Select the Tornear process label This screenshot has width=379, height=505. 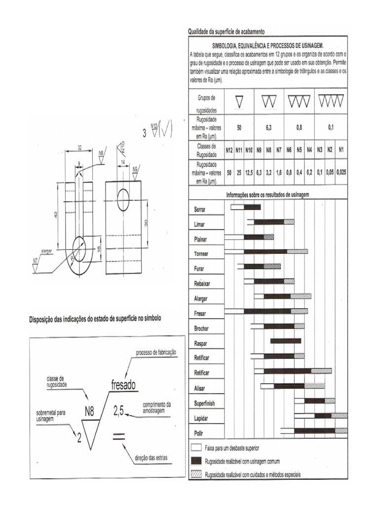pos(201,254)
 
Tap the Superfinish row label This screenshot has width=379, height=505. pos(204,403)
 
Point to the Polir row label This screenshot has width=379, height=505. pos(198,433)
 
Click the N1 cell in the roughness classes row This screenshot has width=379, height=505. pos(341,149)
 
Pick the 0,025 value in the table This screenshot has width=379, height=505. pos(341,174)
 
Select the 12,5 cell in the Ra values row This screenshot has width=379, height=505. pos(249,174)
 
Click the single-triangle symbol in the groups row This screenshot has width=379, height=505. pos(239,102)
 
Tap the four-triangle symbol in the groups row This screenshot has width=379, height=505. pos(332,102)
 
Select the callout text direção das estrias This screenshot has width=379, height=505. pos(151,458)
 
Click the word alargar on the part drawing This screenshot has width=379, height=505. pos(47,251)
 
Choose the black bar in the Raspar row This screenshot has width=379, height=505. pos(285,341)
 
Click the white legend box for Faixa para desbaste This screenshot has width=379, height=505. pos(196,448)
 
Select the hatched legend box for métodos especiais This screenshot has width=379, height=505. pos(196,474)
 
